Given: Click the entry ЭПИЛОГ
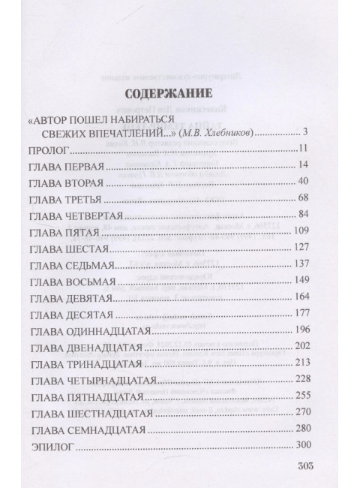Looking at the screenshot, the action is (x=46, y=445).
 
